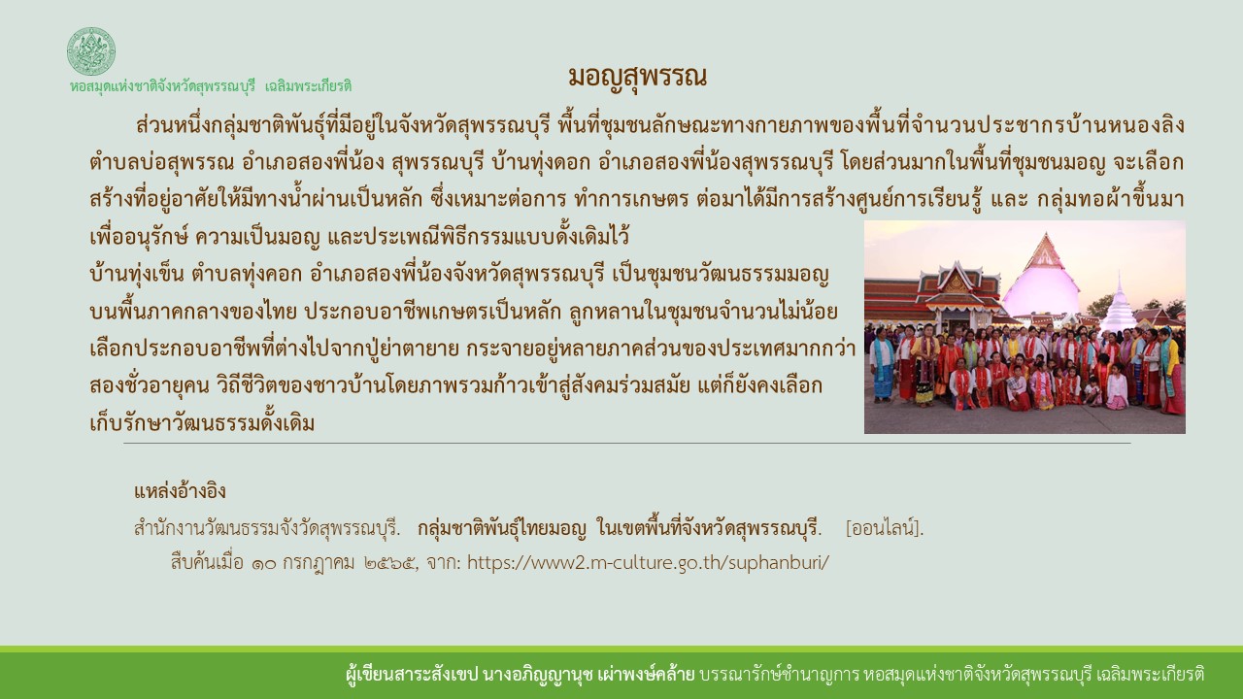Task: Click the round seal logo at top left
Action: coord(91,51)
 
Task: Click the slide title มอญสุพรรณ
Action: coord(637,77)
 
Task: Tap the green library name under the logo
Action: coord(211,86)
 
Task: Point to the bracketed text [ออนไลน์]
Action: coord(885,529)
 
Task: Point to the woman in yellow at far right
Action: coord(1171,375)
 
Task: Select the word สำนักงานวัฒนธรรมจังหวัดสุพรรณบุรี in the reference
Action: coord(268,529)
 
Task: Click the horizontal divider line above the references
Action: coord(626,444)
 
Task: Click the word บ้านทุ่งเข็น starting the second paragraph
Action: coord(134,274)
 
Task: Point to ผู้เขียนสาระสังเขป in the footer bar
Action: coord(407,674)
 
